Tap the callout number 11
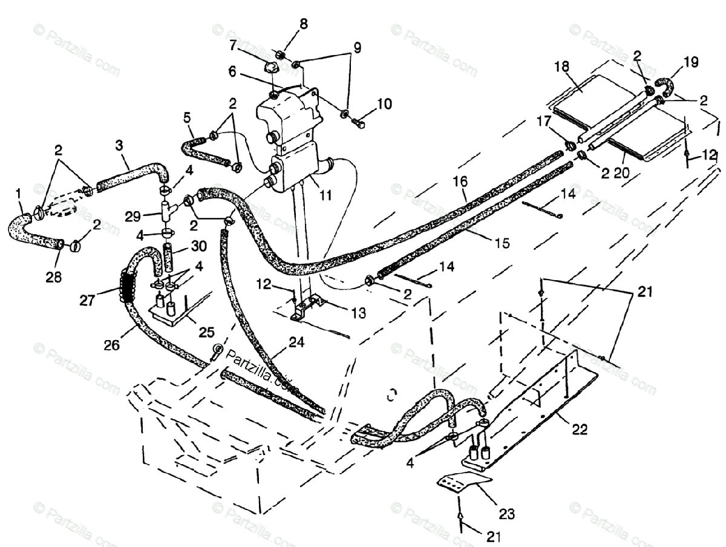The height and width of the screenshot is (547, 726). tap(325, 195)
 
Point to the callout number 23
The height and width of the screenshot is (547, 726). tap(506, 514)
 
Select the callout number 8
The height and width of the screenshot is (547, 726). tap(304, 24)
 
